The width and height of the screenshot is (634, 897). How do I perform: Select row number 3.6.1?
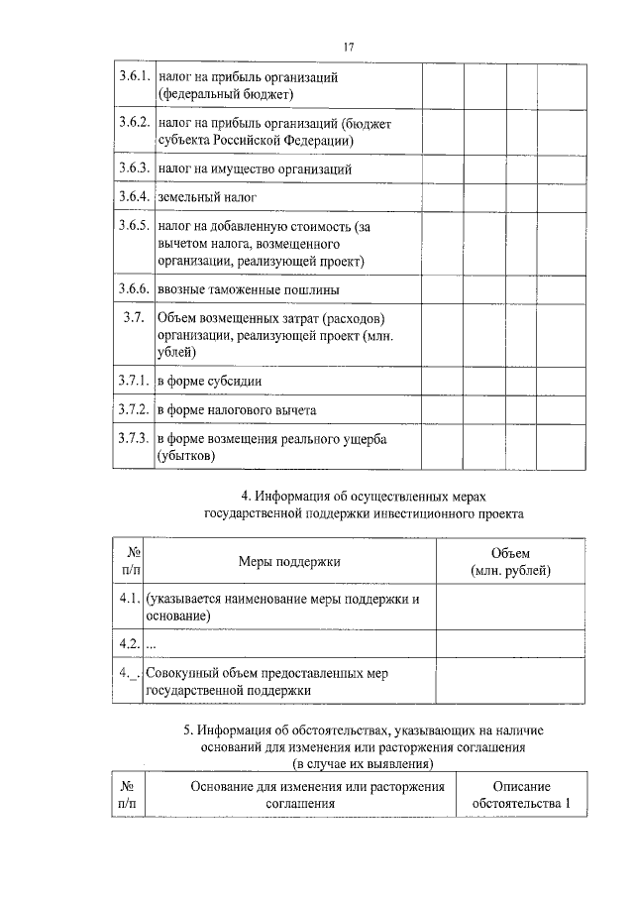pos(133,76)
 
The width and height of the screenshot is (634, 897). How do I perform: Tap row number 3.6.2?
pos(133,123)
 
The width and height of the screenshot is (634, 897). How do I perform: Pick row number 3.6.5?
pos(133,226)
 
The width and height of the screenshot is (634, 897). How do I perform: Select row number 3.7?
pos(134,318)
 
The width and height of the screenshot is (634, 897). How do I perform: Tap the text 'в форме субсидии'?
pos(209,382)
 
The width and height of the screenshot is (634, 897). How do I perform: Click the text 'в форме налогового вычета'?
pos(237,409)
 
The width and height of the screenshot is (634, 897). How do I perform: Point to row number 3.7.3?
pos(133,438)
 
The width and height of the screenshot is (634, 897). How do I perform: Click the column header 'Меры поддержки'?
pos(289,562)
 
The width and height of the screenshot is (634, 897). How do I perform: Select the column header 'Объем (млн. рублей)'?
pos(510,562)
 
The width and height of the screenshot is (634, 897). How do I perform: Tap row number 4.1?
pos(126,600)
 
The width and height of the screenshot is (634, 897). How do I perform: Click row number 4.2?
pos(126,644)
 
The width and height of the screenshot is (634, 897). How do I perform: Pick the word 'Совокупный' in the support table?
pos(179,673)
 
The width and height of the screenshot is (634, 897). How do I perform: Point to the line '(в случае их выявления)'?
pos(363,764)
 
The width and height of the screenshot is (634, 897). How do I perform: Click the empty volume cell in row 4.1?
pos(510,608)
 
